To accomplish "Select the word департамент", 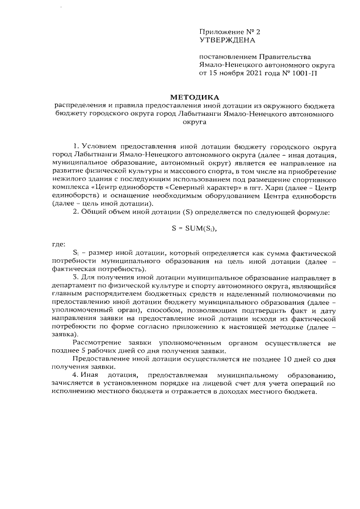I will click(x=73, y=286).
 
